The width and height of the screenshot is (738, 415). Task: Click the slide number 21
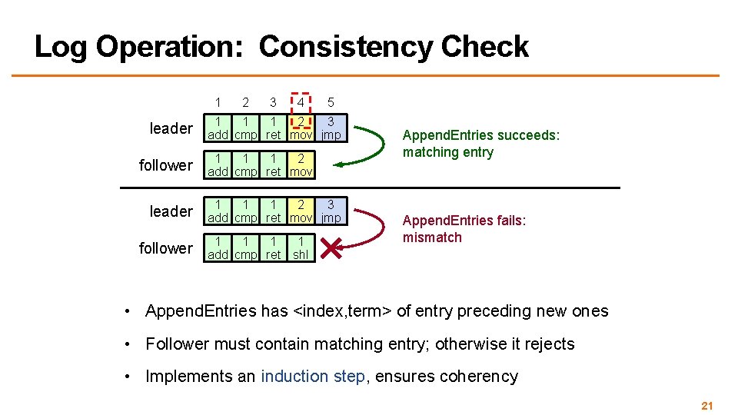click(x=707, y=405)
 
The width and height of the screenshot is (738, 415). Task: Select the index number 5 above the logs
click(x=330, y=102)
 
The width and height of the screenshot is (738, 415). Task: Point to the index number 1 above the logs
click(x=218, y=102)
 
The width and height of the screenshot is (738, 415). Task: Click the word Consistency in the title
click(x=346, y=48)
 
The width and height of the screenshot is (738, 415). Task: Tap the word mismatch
click(x=432, y=237)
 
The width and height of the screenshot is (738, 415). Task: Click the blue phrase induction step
click(x=313, y=377)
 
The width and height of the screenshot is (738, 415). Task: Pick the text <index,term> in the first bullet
click(x=342, y=311)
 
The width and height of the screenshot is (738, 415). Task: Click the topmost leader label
click(x=171, y=128)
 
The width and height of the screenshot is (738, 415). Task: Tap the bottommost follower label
click(x=165, y=248)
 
